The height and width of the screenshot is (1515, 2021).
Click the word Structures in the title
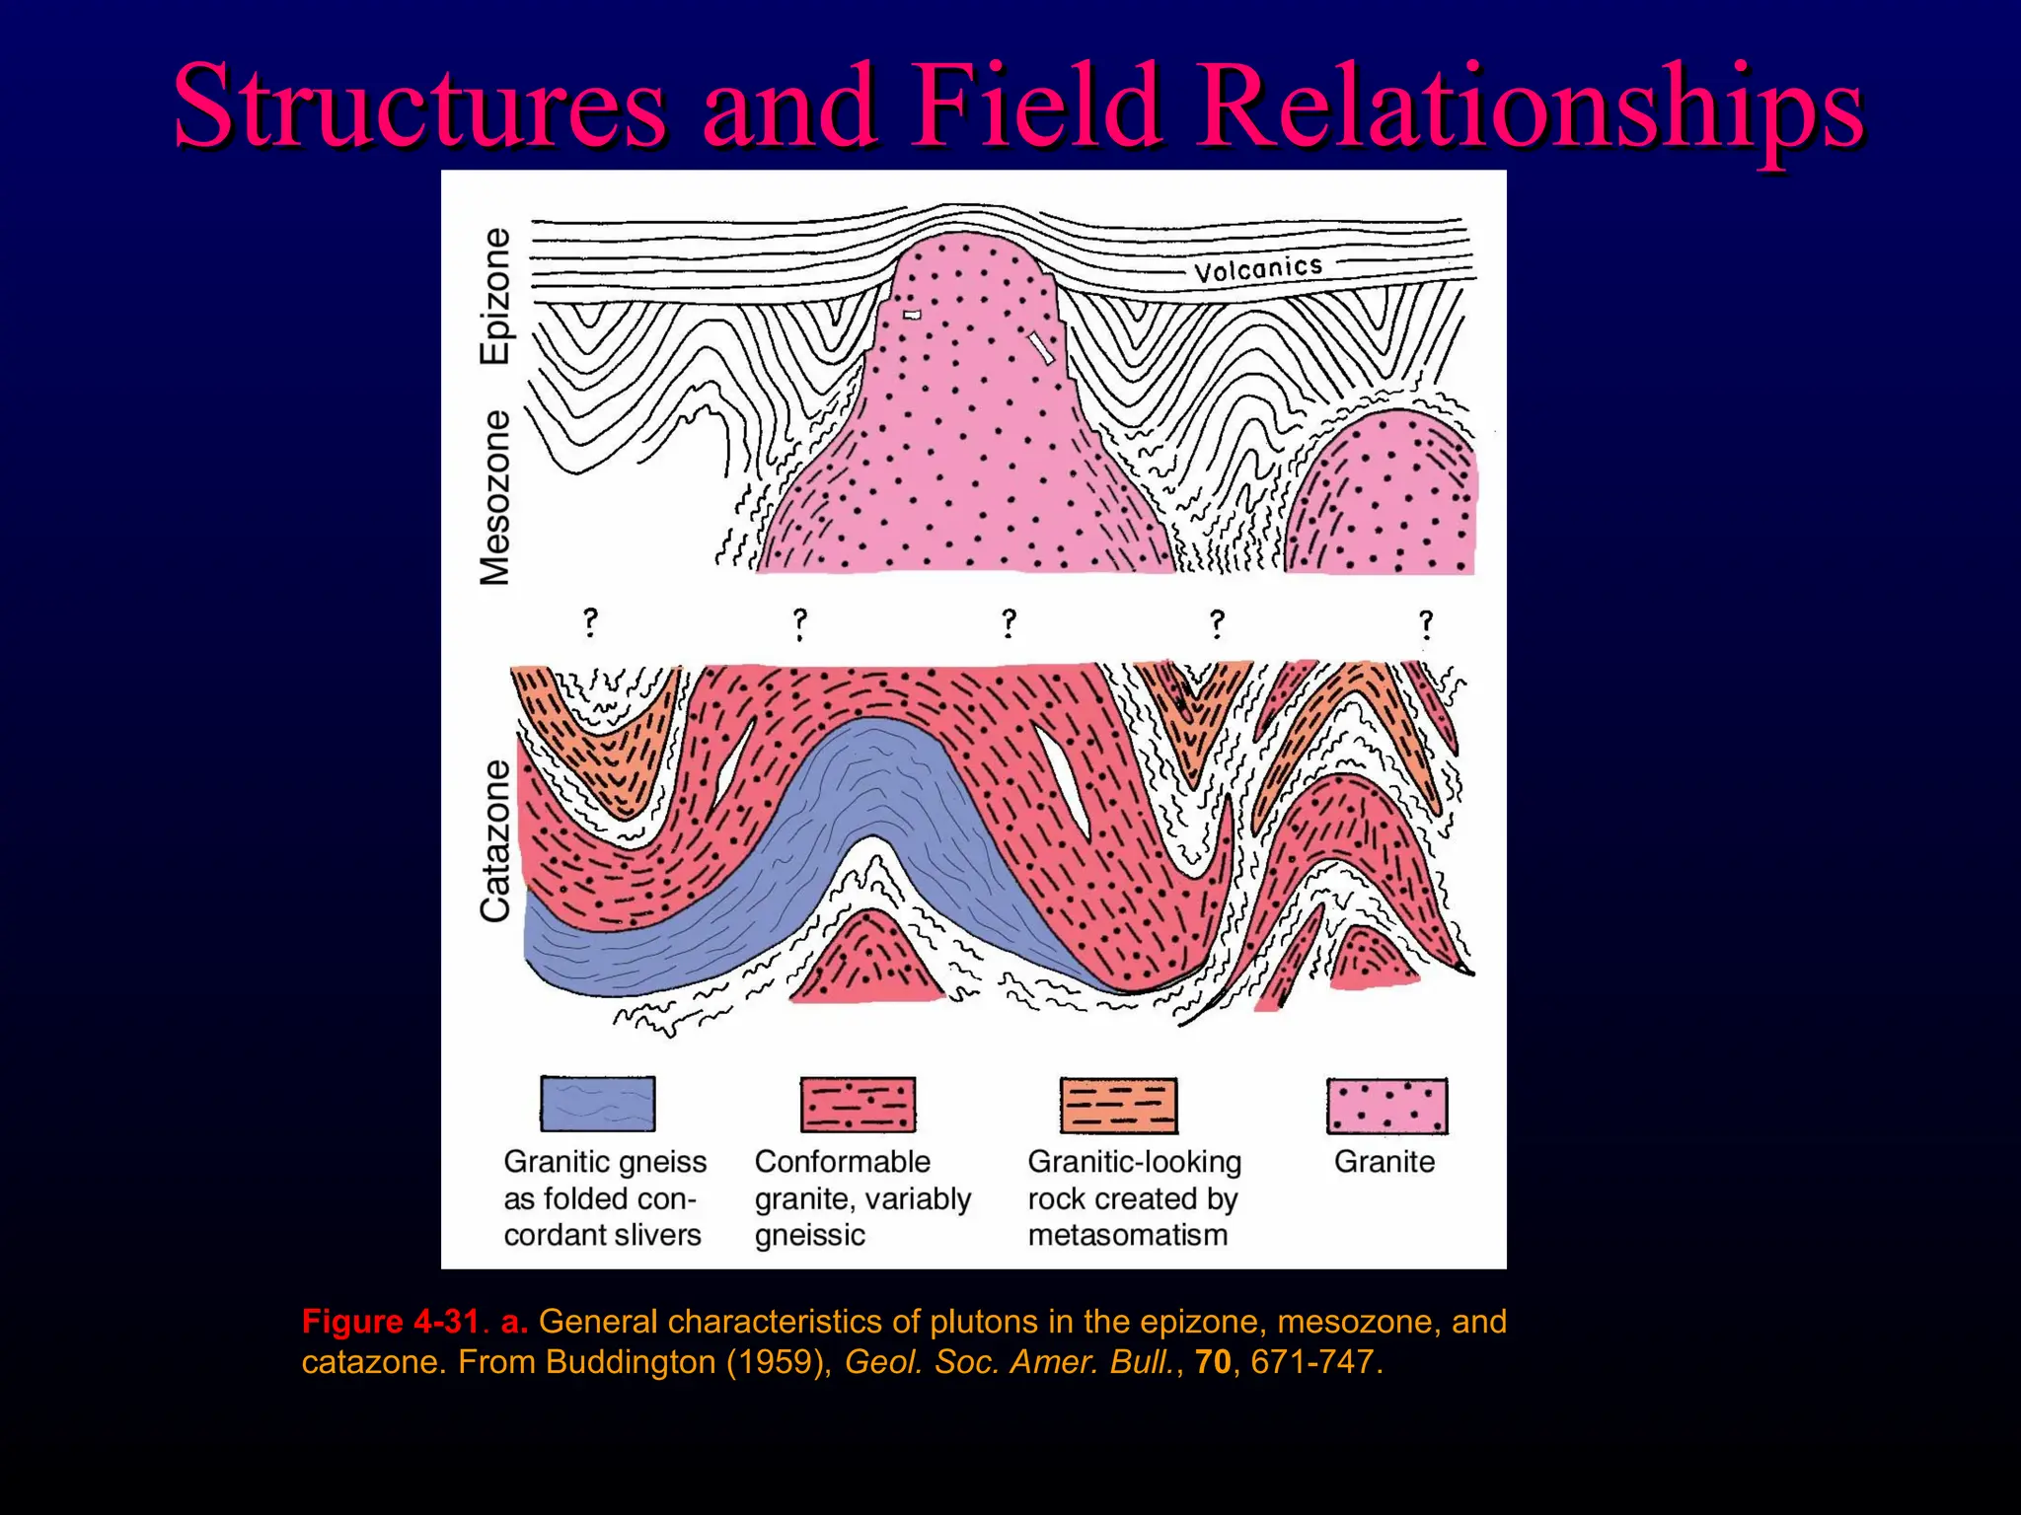coord(419,106)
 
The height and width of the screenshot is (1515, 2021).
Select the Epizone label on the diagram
coord(496,296)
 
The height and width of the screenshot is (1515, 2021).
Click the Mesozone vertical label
coord(496,498)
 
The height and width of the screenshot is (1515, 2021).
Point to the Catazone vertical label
coord(496,840)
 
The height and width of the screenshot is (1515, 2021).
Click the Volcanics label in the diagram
coord(1257,268)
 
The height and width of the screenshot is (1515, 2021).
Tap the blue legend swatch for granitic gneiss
coord(598,1104)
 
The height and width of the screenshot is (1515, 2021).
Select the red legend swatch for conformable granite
coord(858,1105)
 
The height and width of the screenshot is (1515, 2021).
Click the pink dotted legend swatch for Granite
coord(1386,1106)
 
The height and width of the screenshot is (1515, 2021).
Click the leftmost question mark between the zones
coord(590,622)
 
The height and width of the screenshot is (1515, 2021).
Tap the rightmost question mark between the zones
coord(1426,624)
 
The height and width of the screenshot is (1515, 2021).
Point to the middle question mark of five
coord(1009,623)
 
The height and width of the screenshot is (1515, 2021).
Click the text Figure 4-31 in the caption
coord(391,1322)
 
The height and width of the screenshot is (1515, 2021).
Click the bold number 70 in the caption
coord(1213,1362)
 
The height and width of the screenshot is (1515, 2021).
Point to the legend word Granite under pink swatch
coord(1385,1162)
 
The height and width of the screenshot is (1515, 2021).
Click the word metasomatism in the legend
coord(1127,1235)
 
